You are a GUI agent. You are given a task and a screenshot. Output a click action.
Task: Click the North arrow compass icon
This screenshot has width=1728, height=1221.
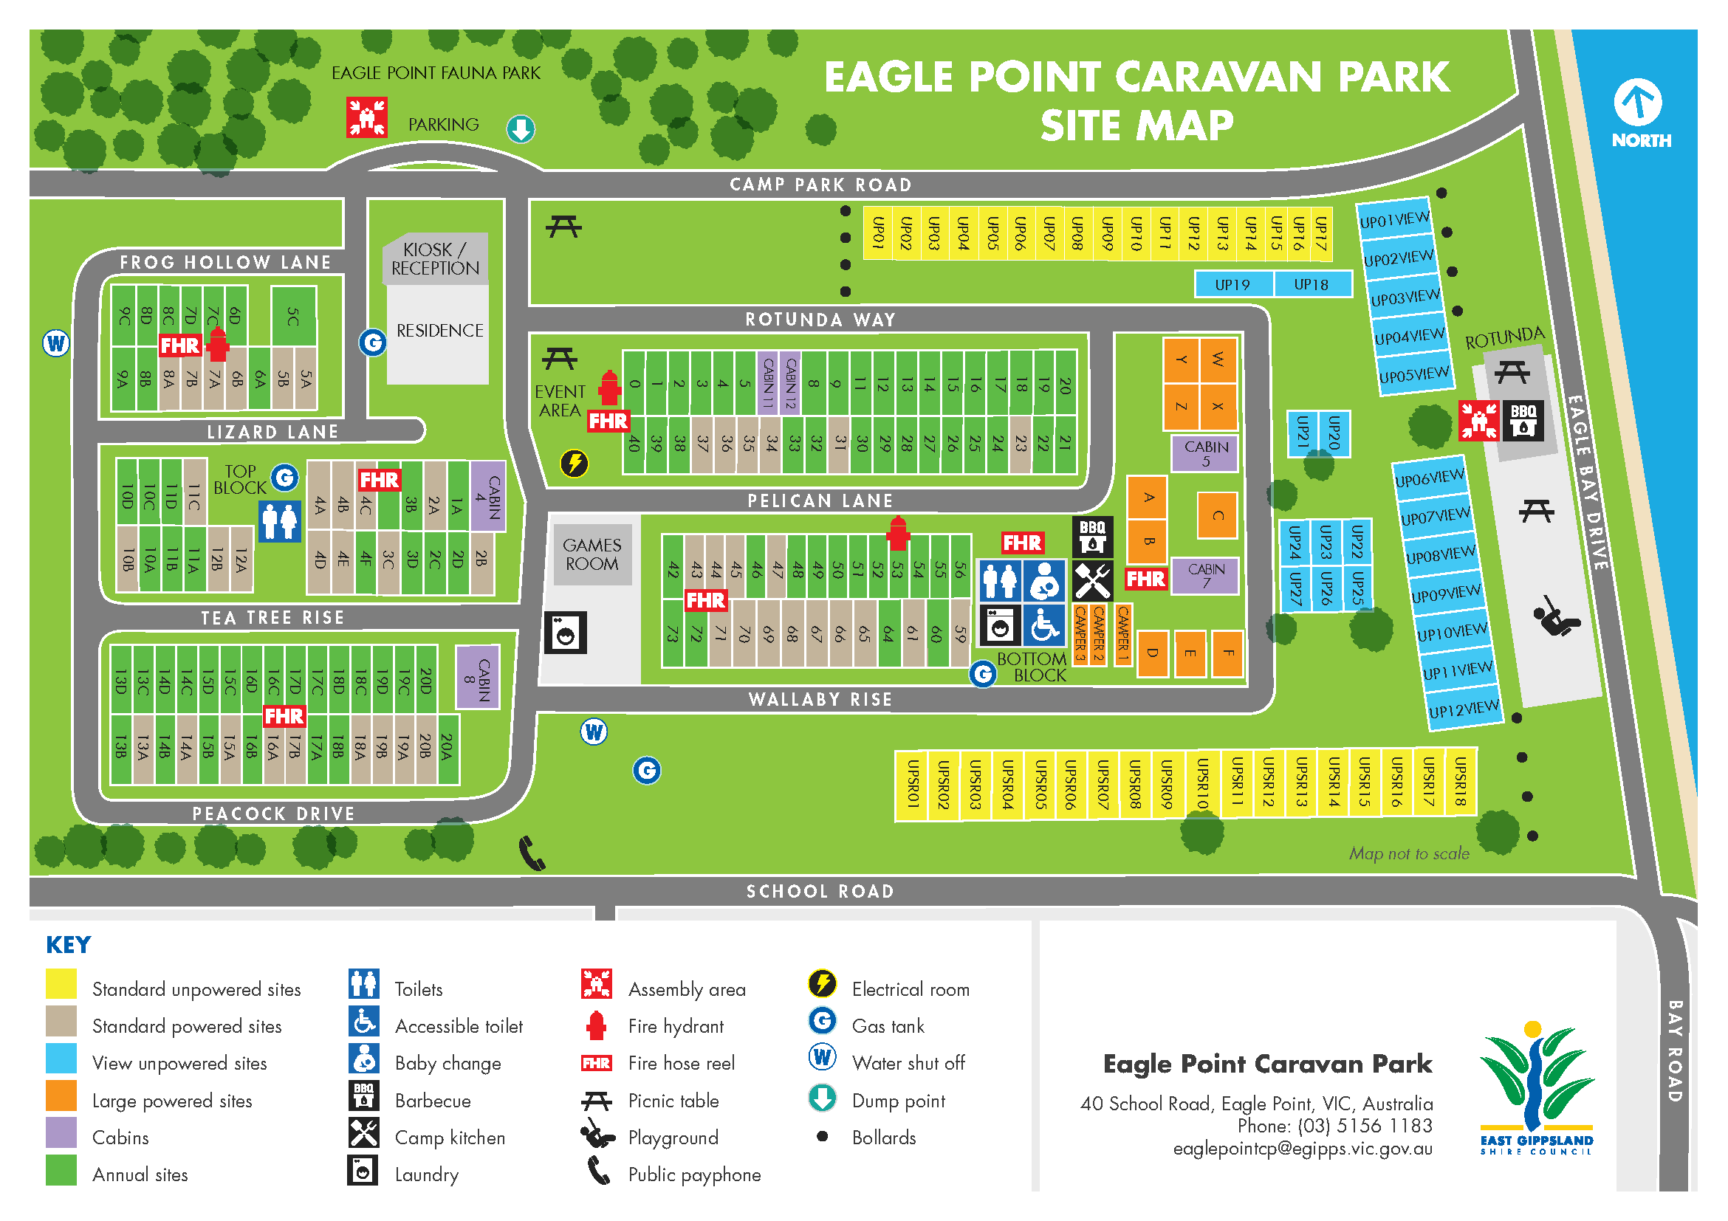1637,103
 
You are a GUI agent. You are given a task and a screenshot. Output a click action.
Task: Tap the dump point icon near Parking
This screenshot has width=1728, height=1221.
520,129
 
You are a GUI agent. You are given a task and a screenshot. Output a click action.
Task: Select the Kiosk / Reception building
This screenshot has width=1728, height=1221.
435,259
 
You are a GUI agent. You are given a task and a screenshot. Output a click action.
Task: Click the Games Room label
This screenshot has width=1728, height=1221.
592,554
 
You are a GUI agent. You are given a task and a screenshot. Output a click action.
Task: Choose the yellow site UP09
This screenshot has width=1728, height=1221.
1106,233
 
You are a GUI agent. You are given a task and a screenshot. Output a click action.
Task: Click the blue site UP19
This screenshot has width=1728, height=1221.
1232,284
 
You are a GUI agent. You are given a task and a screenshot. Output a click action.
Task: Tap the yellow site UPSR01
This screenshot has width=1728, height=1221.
911,784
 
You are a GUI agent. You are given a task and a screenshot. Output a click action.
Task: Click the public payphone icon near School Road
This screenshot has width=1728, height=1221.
532,853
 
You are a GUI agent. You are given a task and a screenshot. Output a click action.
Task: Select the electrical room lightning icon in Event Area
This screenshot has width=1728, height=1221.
575,464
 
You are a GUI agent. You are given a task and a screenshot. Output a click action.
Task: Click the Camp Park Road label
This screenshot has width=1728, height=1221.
820,185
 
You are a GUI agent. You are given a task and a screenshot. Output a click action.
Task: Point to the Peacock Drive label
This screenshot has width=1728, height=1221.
273,814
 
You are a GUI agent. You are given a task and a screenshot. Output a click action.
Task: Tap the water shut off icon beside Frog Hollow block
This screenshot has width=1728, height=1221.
55,344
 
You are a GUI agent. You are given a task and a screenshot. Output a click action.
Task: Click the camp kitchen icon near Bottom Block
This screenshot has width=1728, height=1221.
1092,581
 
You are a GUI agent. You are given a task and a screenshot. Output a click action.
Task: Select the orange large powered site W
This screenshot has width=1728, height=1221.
1218,360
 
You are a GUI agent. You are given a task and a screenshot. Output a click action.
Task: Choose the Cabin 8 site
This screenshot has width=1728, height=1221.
478,677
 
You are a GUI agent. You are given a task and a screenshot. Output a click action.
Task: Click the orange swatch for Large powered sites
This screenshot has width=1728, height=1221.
61,1096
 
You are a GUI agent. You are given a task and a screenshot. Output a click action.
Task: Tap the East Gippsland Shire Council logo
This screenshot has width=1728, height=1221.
1535,1087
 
